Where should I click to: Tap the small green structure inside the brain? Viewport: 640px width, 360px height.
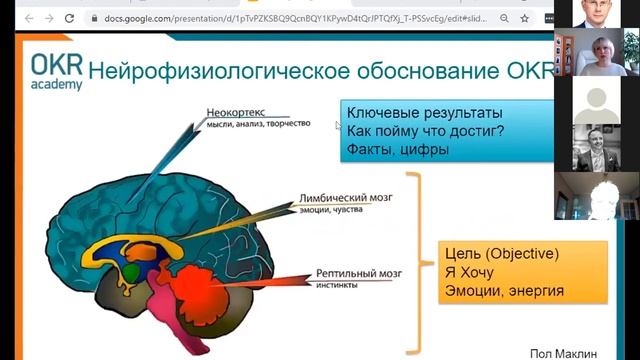tap(130, 272)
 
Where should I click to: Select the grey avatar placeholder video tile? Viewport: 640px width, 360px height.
tap(597, 104)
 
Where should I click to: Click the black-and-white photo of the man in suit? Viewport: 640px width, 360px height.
tap(597, 147)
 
